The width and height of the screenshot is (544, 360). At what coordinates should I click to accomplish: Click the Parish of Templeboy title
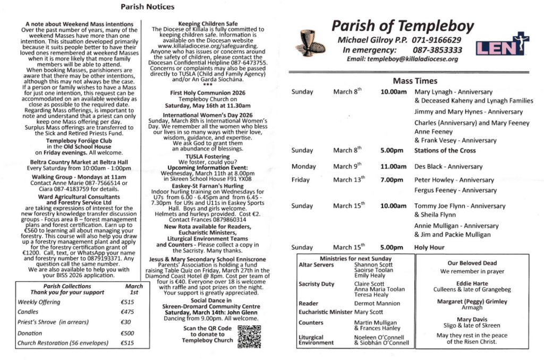coord(402,25)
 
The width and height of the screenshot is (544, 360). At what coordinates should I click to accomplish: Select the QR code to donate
coord(249,337)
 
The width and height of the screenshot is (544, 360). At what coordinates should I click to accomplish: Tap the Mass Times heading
coord(415,81)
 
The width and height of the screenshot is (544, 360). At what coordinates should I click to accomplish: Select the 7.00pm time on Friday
coord(392,179)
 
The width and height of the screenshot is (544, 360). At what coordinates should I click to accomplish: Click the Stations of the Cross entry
coord(445,150)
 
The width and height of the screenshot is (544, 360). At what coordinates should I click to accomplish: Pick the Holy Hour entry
coord(429,247)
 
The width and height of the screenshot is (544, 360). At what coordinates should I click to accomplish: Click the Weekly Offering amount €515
coord(127,302)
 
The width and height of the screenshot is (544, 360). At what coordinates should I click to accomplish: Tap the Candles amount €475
coord(127,312)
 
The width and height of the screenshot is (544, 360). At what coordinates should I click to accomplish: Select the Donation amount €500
coord(127,333)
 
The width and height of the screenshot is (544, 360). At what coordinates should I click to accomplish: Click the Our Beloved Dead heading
coord(472,263)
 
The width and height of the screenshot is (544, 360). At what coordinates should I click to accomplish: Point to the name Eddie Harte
coord(472,284)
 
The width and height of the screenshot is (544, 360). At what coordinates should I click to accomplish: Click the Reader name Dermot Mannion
coord(377,303)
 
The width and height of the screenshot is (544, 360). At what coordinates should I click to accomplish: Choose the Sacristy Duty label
coord(317,284)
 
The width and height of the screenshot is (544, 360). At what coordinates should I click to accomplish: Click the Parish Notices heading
coord(147,7)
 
